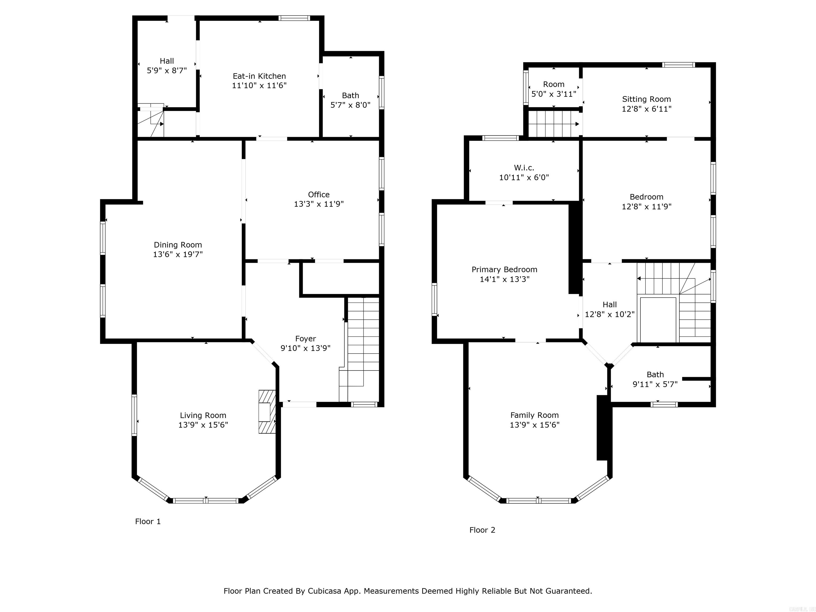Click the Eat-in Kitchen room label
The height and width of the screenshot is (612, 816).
(259, 76)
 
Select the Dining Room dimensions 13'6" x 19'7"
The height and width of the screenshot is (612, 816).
(178, 254)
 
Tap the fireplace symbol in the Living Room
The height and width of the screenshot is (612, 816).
(267, 411)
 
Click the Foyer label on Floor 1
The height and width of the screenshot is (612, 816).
(305, 338)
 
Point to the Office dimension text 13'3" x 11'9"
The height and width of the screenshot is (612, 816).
(319, 204)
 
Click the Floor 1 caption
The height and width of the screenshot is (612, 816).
(148, 521)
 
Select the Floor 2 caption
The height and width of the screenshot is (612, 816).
(482, 530)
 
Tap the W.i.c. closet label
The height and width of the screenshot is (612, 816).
(524, 168)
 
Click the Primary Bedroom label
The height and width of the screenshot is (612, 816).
(504, 269)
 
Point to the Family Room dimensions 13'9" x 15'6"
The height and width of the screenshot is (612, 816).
(534, 424)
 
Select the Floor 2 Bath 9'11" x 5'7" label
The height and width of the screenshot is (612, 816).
(655, 379)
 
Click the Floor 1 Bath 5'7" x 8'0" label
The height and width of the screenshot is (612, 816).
(350, 100)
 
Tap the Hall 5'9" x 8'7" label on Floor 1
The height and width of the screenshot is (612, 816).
(167, 66)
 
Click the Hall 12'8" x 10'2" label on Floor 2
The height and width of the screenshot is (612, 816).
(609, 309)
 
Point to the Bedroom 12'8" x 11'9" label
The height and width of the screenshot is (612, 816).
(646, 201)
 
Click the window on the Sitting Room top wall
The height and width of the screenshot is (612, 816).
(678, 65)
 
